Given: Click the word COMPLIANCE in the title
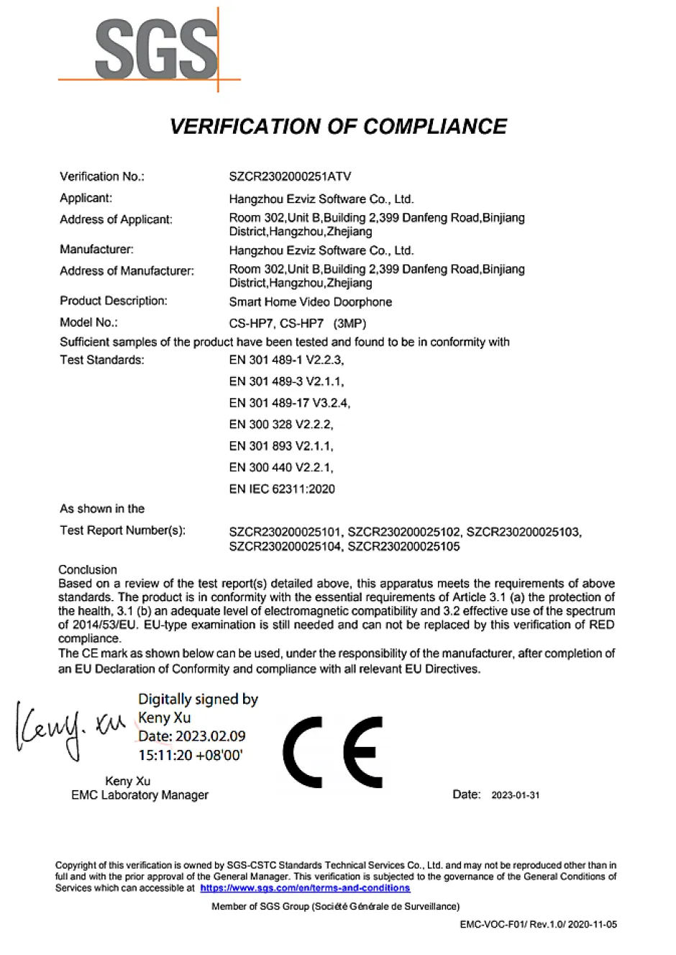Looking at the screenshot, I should click(x=434, y=127).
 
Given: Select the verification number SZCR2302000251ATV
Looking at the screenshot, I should click(x=290, y=176).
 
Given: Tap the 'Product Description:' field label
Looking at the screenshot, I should click(x=114, y=301).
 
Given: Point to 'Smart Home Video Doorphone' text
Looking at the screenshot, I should click(x=310, y=302).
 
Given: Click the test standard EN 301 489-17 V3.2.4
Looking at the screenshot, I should click(x=289, y=403).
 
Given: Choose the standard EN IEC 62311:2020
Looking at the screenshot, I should click(x=282, y=489).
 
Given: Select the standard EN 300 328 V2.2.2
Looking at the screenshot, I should click(x=280, y=425).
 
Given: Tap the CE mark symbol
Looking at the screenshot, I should click(x=332, y=752).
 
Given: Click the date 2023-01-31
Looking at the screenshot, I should click(x=515, y=795).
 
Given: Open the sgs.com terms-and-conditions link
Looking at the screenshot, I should click(x=305, y=888).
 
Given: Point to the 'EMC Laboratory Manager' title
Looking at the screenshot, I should click(x=140, y=795).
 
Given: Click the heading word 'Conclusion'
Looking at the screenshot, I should click(x=88, y=569).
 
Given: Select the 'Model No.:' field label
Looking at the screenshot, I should click(x=88, y=322).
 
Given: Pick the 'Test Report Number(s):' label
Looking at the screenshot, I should click(x=122, y=530).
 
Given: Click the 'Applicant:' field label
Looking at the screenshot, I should click(x=86, y=198).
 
